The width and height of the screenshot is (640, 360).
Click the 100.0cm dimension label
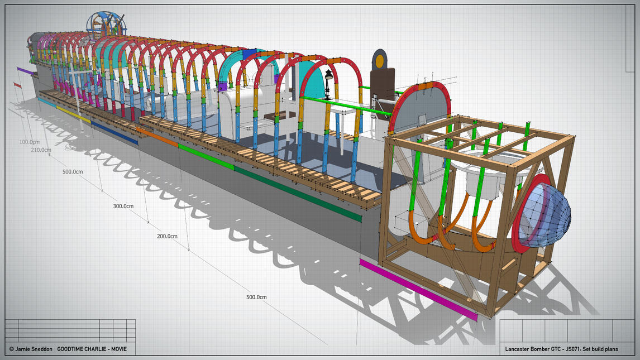30,142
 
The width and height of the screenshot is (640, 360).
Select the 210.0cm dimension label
41,150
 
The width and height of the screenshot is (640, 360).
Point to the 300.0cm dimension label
123,207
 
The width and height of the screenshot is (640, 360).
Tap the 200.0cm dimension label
167,236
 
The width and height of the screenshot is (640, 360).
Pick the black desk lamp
328,84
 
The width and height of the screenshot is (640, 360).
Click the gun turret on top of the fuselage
106,25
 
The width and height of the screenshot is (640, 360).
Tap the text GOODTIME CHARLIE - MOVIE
92,349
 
